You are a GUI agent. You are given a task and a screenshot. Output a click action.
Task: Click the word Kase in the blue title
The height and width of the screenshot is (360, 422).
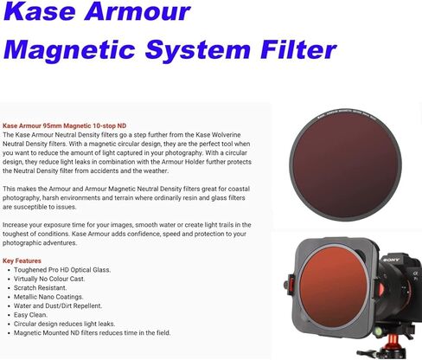point(40,11)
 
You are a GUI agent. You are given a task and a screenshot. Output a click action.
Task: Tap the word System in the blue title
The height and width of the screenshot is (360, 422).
point(198,50)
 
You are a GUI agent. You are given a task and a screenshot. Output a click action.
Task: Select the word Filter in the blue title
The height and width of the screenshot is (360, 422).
point(298,49)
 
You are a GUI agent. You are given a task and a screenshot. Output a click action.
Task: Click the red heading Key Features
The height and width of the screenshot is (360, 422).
point(22,260)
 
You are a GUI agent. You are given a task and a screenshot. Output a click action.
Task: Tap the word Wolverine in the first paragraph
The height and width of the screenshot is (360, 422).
point(226,135)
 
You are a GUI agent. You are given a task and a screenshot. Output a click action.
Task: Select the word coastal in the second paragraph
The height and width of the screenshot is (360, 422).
point(239,189)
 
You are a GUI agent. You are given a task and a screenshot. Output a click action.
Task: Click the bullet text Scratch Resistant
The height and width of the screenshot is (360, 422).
point(41,287)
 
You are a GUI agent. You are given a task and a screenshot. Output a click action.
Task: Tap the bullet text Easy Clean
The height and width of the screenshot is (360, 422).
point(30,315)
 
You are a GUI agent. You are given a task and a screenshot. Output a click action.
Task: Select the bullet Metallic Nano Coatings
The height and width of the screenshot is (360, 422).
point(48,297)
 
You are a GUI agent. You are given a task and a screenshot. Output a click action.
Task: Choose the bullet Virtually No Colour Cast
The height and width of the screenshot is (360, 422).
point(49,279)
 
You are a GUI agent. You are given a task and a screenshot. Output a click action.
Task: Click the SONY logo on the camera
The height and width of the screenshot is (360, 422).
point(391,260)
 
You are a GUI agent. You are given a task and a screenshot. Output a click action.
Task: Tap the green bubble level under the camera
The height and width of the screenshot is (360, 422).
point(378,331)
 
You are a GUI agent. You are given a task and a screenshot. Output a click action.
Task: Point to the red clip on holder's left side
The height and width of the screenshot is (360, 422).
point(291,284)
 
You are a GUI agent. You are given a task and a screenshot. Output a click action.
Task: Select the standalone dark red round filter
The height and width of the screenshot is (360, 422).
point(345,165)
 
